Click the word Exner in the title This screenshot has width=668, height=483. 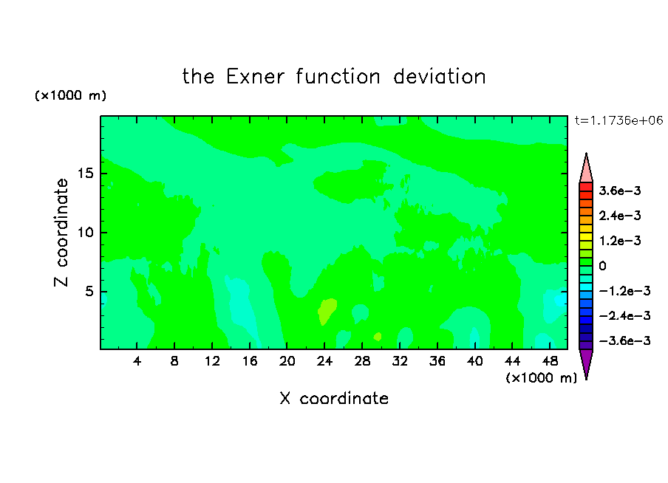[255, 77]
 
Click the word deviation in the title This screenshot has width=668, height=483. [439, 77]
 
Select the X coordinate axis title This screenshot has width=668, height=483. [334, 398]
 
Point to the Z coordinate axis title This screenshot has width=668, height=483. [61, 233]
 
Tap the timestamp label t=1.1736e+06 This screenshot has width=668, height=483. [618, 120]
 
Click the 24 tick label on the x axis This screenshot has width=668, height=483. [324, 361]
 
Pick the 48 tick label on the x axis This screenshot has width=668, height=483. [550, 361]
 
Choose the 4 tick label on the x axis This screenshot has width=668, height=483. [137, 361]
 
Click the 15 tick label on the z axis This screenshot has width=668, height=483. [86, 174]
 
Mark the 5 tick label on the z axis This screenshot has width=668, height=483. [89, 291]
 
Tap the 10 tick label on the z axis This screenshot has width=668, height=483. [86, 233]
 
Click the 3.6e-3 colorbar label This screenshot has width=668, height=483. [620, 191]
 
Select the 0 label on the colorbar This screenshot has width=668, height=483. [602, 266]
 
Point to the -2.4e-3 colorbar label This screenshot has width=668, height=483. [625, 315]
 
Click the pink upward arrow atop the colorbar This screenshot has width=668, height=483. [586, 168]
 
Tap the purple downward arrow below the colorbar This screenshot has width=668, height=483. [586, 364]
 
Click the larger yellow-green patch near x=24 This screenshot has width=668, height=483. [327, 311]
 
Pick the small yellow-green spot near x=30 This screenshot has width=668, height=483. [378, 337]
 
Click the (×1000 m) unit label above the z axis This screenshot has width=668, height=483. [70, 95]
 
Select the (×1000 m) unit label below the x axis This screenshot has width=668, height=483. [541, 377]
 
